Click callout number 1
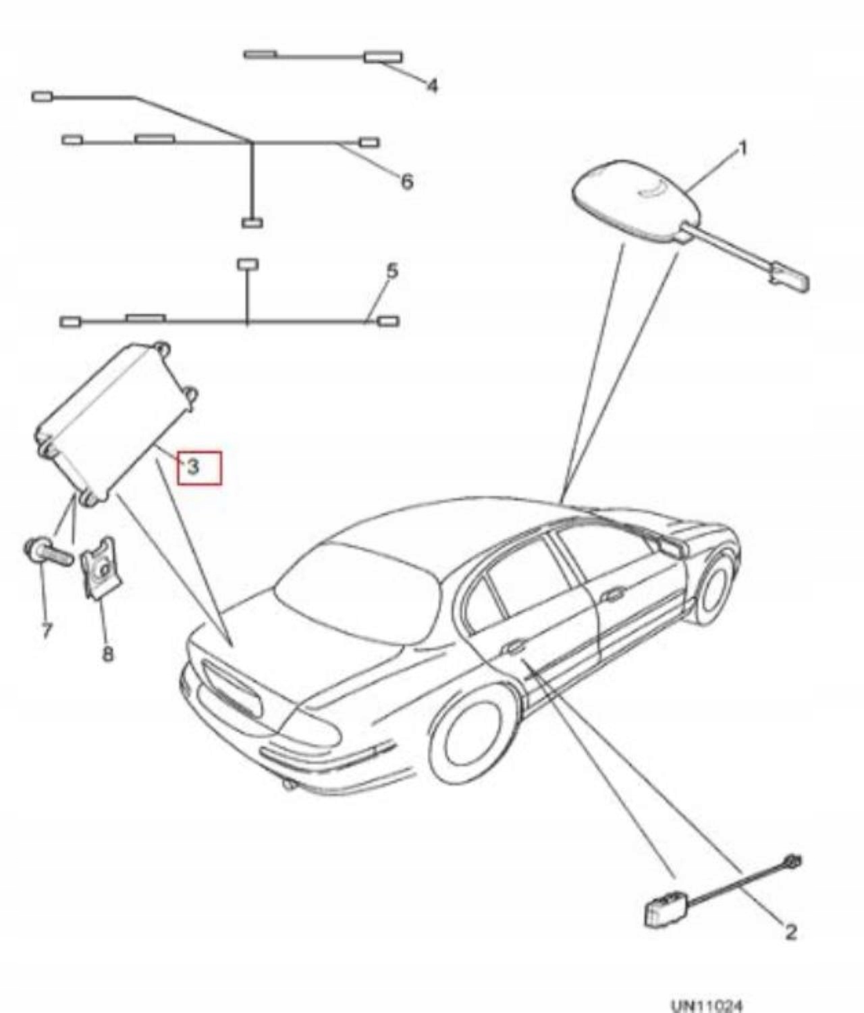pos(742,148)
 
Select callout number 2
pos(790,932)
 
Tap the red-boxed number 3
pos(194,466)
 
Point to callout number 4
pos(432,86)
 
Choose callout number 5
pos(392,272)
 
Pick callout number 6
pos(406,181)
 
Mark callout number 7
pos(46,631)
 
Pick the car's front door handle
pos(613,594)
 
